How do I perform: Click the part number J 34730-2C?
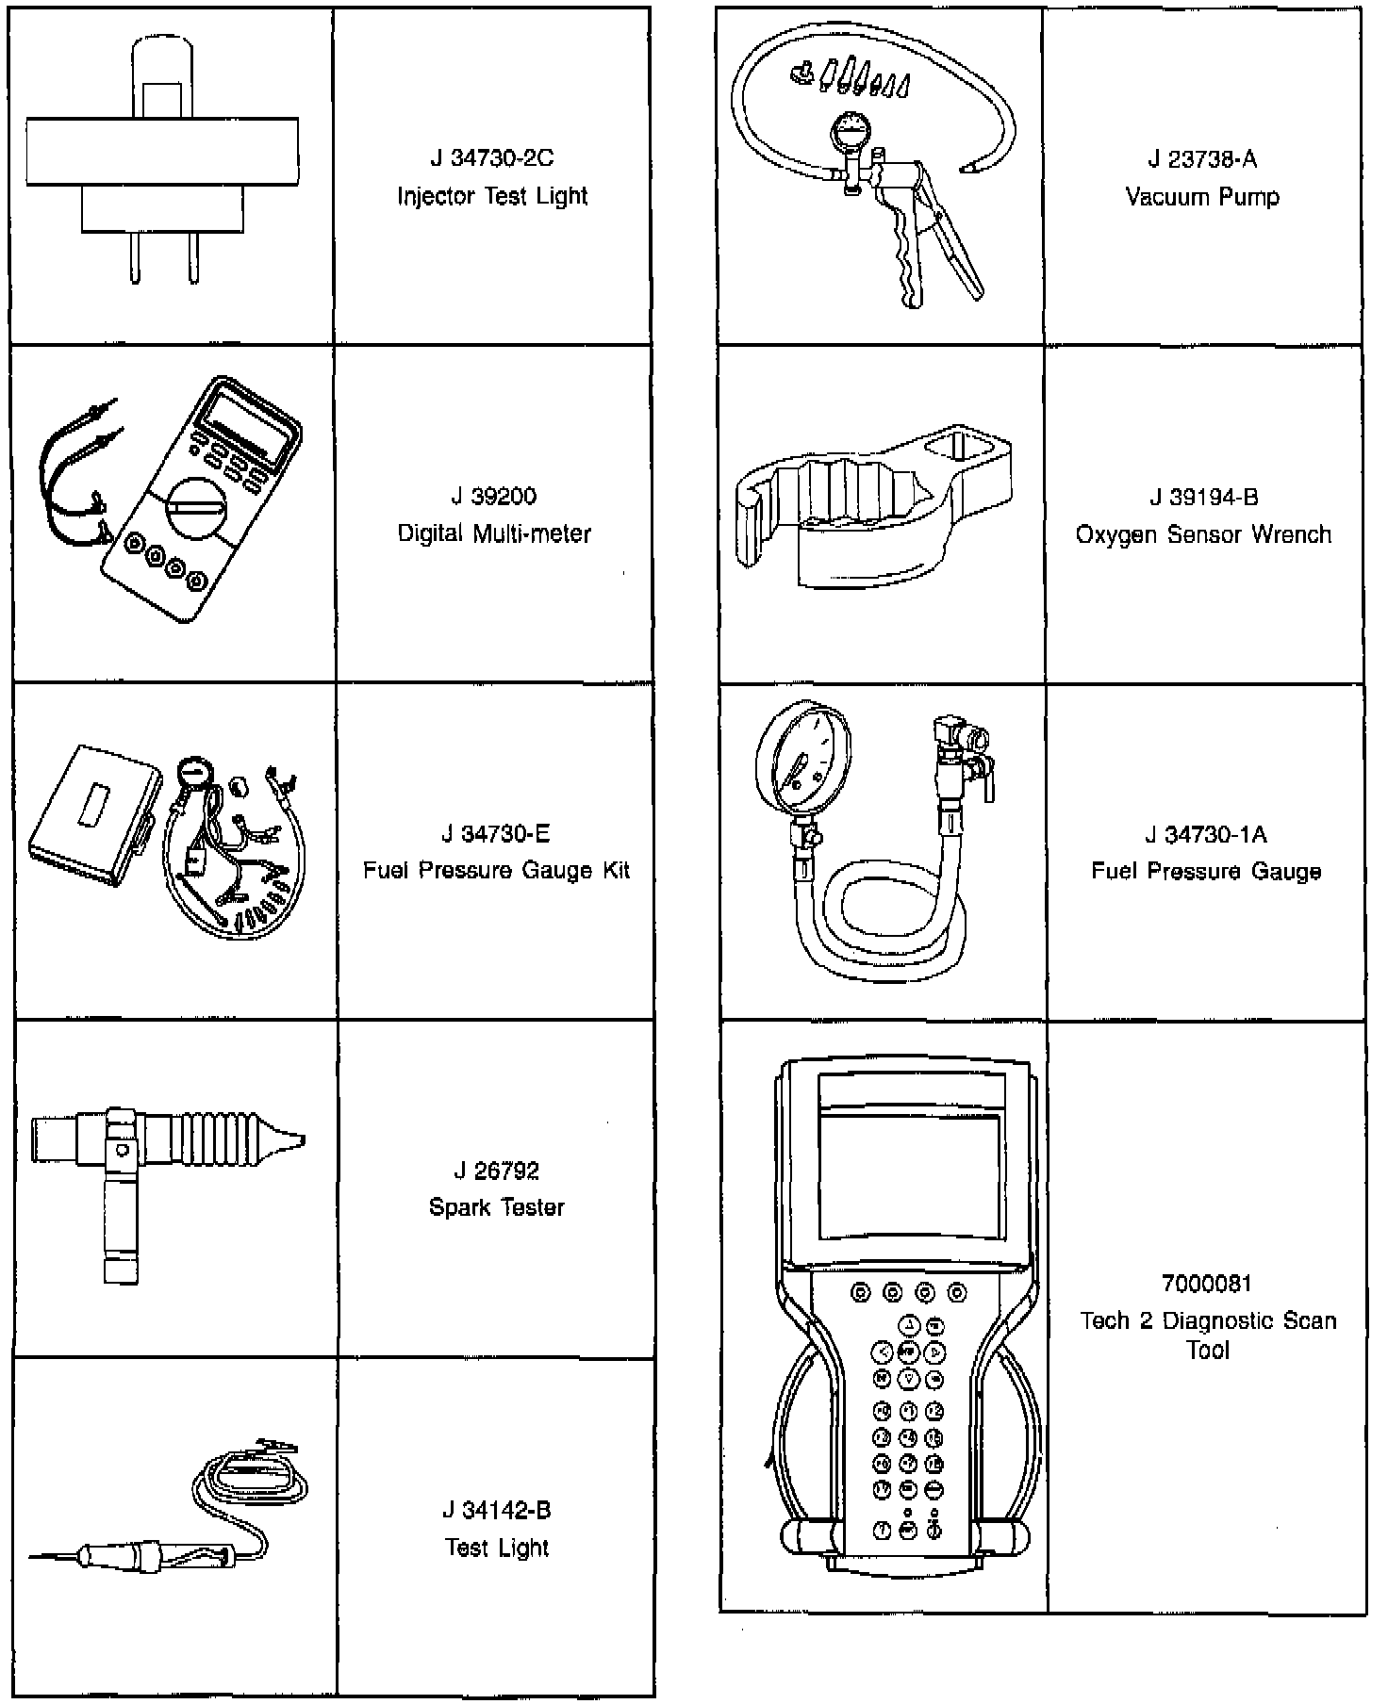click(491, 158)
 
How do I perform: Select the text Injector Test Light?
click(491, 196)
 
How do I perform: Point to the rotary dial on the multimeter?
click(195, 508)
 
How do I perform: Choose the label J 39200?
click(493, 497)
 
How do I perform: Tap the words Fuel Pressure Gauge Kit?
click(496, 870)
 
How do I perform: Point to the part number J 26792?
click(496, 1171)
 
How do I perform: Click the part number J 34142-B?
click(496, 1510)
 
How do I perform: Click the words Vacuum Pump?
click(1202, 197)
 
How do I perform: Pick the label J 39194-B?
click(1203, 497)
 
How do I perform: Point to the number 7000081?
click(1206, 1284)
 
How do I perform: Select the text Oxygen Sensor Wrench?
click(1203, 534)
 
